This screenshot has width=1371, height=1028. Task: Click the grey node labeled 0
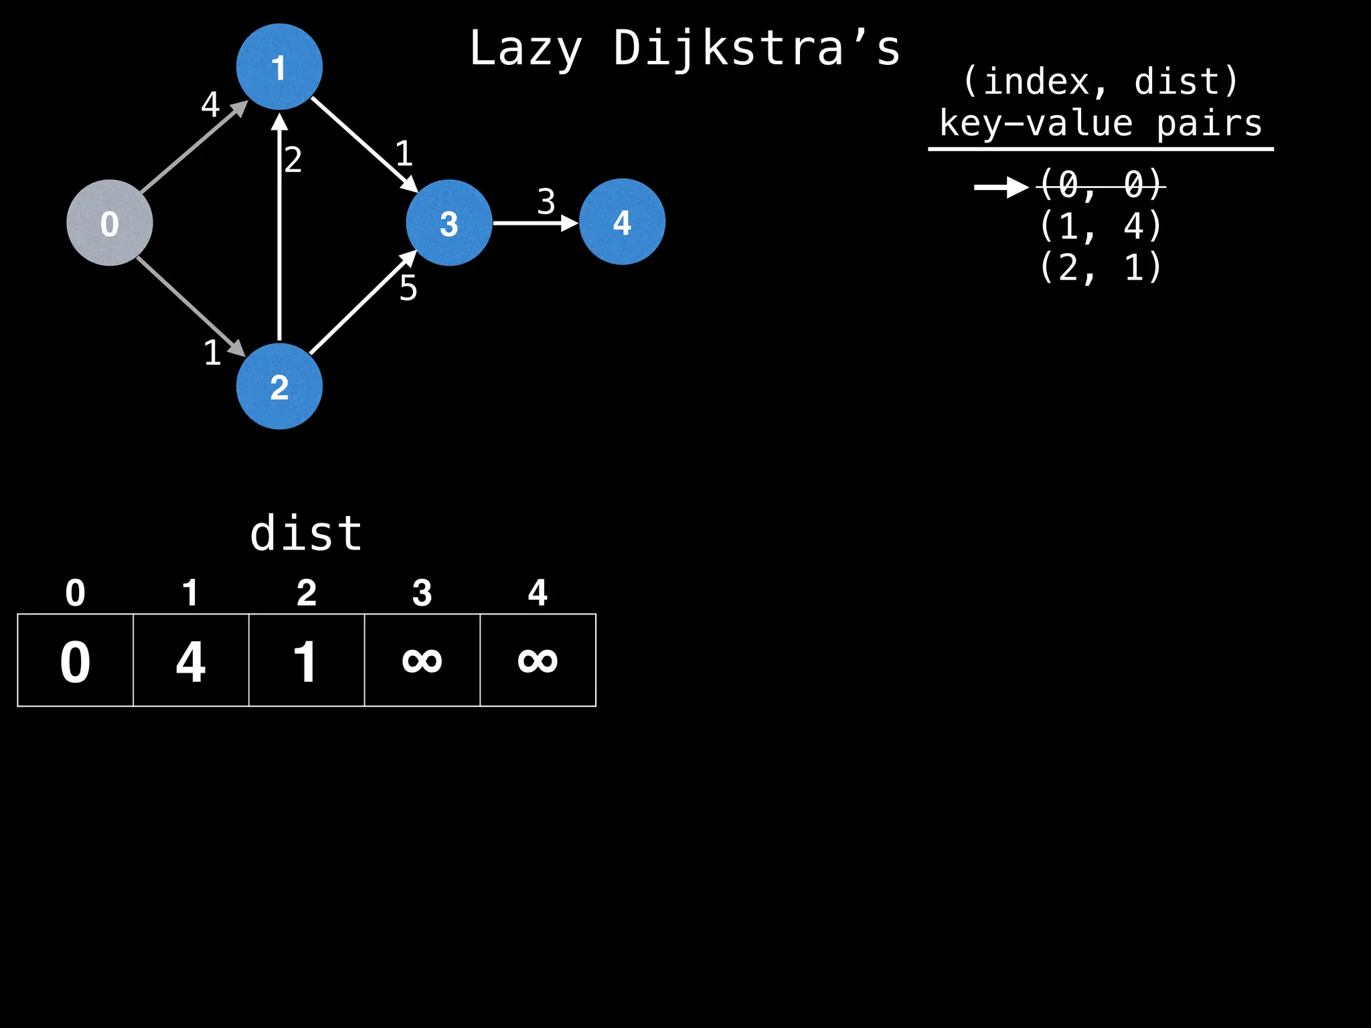(110, 223)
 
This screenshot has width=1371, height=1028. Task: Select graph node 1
(279, 67)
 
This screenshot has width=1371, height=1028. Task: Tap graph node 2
(279, 386)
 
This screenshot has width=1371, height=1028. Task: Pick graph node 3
(449, 223)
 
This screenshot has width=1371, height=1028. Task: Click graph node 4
(622, 222)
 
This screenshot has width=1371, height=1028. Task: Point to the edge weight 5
(408, 288)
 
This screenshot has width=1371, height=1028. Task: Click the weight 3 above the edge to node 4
(546, 201)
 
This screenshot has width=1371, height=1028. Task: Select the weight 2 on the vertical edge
(293, 160)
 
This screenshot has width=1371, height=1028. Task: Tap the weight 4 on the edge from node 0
(210, 104)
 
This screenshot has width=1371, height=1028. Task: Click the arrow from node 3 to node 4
(535, 223)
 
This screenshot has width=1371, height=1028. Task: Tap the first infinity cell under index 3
(422, 661)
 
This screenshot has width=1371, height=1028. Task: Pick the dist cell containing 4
(191, 661)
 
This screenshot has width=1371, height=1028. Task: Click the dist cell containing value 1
(306, 661)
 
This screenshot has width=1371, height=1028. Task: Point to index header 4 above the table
(538, 593)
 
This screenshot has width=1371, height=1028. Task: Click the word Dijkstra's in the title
(756, 49)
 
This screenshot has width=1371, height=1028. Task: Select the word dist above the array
(306, 533)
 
